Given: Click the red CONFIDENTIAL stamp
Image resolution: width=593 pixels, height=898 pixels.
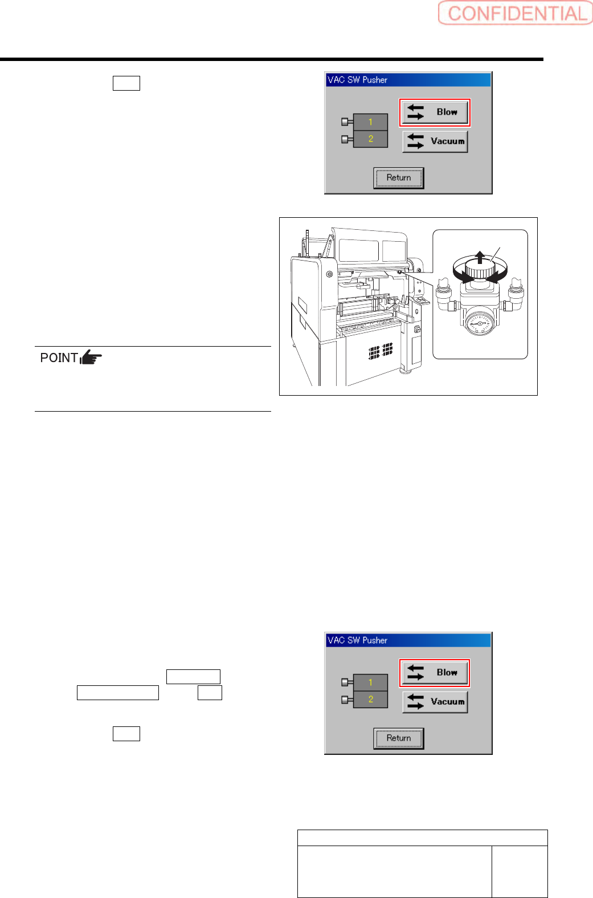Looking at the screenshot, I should (516, 13).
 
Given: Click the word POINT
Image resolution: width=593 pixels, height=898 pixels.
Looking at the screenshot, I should (59, 358).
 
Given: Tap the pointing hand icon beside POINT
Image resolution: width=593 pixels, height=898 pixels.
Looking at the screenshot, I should (91, 357).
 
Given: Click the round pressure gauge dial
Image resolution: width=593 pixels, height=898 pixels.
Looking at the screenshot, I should (480, 323).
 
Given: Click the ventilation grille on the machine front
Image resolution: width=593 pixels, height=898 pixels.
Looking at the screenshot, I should (381, 351).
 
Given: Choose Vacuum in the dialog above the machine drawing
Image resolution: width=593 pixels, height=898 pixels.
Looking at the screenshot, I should (435, 141).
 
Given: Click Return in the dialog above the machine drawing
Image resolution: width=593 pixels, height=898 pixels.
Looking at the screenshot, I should (399, 178).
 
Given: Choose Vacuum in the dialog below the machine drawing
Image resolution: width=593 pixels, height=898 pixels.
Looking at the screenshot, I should (435, 702).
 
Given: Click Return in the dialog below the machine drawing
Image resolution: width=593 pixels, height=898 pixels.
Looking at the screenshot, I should (399, 738).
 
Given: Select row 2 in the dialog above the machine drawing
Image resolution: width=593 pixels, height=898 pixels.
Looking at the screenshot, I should (370, 139).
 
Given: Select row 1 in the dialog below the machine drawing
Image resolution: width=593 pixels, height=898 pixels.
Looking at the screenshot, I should (370, 682).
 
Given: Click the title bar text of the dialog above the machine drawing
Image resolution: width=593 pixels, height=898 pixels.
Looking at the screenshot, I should (357, 80).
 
